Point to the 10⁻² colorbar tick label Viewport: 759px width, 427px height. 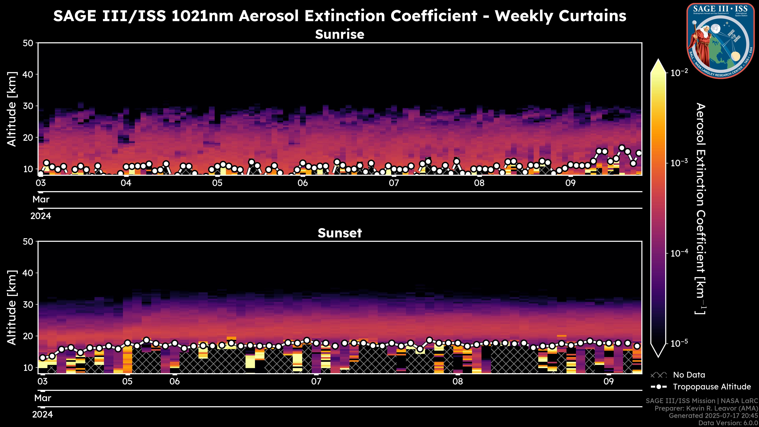679,73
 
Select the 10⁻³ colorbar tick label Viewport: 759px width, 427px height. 679,163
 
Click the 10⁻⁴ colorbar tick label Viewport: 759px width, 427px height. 679,253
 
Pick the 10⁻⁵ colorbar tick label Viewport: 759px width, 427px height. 679,343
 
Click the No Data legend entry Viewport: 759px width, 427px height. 689,375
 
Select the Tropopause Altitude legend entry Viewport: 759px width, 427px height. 712,387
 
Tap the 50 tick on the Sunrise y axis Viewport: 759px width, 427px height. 29,43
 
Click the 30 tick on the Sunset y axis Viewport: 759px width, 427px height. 29,305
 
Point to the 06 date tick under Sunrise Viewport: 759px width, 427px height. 303,183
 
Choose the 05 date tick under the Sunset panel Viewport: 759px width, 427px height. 127,382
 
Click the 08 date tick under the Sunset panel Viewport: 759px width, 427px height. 458,382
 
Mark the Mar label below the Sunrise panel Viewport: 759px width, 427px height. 41,199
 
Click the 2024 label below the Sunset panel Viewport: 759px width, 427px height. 42,415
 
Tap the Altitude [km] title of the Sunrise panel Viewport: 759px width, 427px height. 12,109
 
